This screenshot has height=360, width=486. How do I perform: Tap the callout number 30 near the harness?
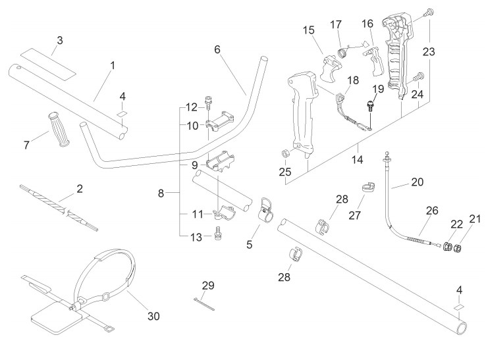153,317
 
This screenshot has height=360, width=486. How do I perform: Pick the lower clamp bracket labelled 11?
224,214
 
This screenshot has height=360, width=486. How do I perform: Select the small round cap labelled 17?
342,53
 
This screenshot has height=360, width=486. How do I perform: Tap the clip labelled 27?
369,188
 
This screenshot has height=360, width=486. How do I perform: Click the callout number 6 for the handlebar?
217,49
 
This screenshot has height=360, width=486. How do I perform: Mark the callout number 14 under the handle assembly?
357,159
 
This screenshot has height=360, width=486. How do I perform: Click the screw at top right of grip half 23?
429,13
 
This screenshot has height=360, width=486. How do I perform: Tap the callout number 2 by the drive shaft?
80,189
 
